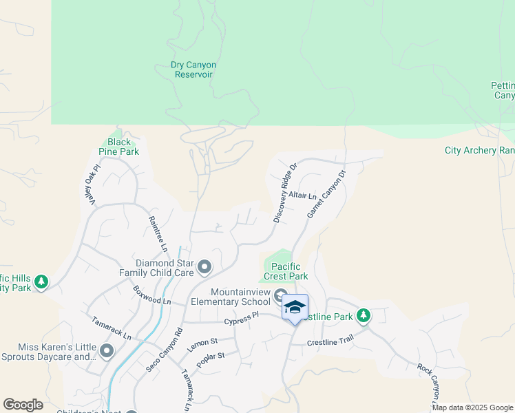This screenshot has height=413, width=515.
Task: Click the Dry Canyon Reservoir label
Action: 193,70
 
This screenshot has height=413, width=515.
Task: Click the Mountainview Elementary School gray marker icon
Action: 280,297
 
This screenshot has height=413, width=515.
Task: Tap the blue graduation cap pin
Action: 295,307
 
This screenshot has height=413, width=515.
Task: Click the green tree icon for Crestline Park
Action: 363,316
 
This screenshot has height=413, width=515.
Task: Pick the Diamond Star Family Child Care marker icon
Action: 204,266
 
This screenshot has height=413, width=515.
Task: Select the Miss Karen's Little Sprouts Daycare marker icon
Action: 106,352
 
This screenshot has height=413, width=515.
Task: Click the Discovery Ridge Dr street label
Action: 284,193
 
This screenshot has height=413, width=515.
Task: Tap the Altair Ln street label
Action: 302,197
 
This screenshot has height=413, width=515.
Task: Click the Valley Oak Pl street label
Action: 90,182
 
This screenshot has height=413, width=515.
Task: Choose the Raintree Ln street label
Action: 158,233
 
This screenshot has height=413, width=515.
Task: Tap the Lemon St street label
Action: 202,345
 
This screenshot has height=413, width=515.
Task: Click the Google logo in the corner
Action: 23,405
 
